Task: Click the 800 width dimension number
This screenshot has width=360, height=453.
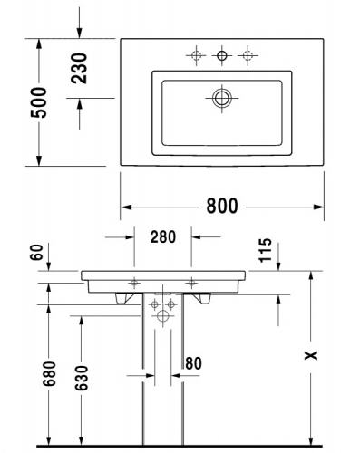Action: point(222,206)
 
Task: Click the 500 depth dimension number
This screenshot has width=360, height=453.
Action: point(39,102)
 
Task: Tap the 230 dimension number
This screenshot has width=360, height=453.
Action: point(79,68)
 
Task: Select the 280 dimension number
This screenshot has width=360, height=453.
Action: point(163,236)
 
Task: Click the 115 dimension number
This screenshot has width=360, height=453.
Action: point(266,250)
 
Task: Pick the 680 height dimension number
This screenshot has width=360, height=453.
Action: point(49,373)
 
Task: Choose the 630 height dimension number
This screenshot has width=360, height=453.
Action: point(82,378)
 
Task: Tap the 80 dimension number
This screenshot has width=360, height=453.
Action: point(193,363)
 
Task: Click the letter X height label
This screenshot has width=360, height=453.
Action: point(311,355)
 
